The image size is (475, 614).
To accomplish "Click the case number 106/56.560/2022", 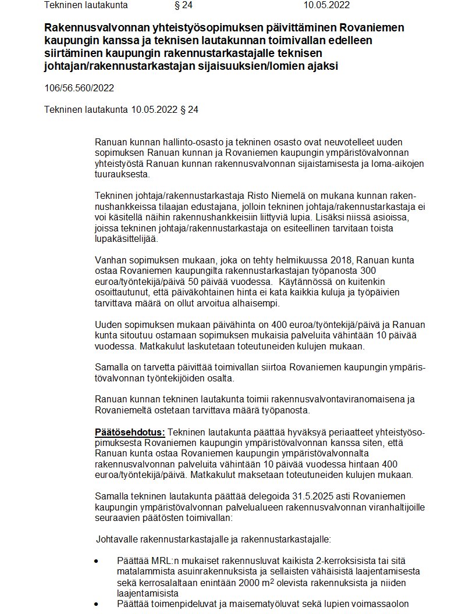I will point(79,88).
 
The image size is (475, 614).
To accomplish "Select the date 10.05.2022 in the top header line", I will point(327,6).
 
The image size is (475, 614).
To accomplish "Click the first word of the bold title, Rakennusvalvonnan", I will point(93,27).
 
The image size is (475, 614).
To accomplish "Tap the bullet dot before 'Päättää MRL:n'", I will point(97,562).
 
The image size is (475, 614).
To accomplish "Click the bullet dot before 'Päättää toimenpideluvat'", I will point(97,604).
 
